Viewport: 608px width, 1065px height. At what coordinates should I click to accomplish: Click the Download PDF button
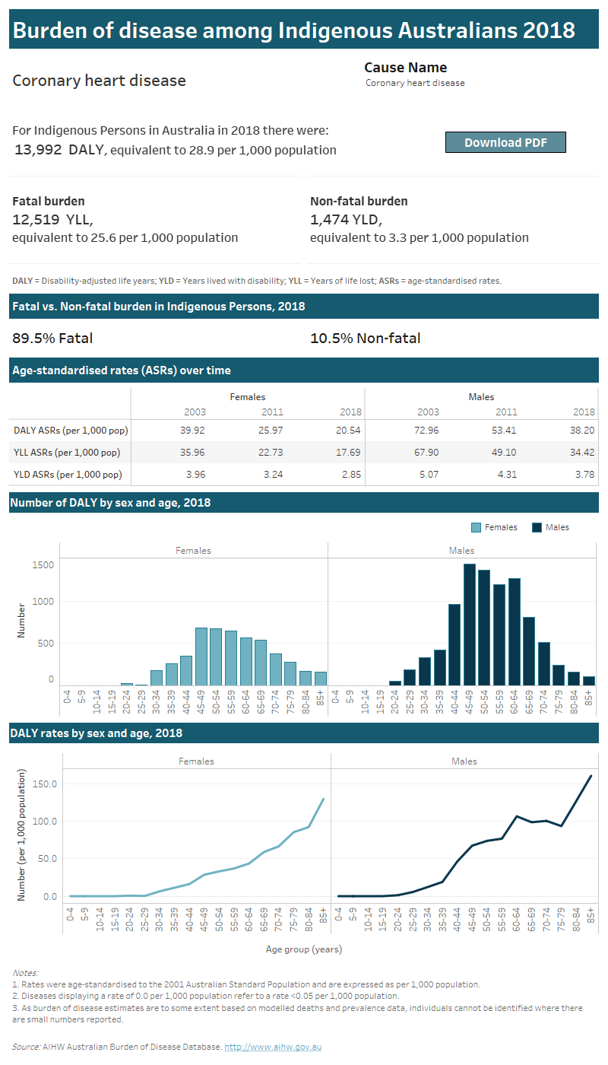click(x=505, y=142)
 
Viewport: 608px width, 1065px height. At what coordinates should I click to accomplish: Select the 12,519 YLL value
click(x=52, y=220)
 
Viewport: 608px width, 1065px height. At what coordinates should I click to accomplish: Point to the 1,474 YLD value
click(x=346, y=220)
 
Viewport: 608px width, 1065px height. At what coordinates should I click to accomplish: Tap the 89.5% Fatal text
click(x=52, y=339)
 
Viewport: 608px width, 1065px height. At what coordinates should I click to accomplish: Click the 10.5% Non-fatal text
click(x=365, y=339)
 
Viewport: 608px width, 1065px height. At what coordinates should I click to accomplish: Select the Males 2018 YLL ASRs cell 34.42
click(x=581, y=452)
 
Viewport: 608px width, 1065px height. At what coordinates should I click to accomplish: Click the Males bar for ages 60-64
click(x=515, y=631)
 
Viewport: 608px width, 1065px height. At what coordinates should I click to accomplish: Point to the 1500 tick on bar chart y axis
click(x=43, y=565)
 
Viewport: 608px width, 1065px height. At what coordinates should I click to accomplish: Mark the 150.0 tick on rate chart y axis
click(x=42, y=784)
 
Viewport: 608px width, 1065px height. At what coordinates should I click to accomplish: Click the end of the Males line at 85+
click(x=591, y=776)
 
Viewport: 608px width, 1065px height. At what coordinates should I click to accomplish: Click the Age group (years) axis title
click(x=303, y=949)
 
